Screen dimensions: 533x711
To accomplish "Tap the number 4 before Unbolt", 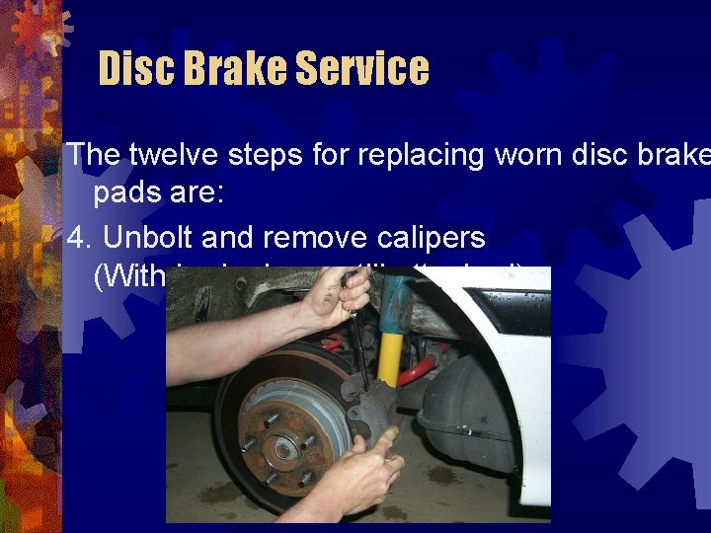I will click(75, 238).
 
